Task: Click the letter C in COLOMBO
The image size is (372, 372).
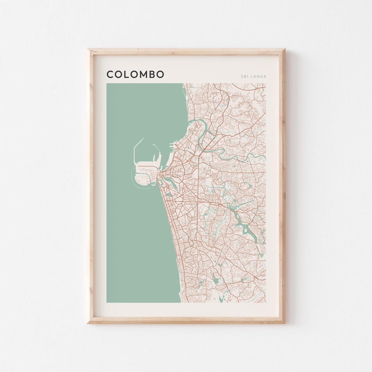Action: (x=110, y=74)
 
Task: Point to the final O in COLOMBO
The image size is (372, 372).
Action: (x=160, y=74)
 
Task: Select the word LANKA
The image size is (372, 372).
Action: (x=258, y=76)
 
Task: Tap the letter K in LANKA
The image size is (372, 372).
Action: (x=261, y=76)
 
